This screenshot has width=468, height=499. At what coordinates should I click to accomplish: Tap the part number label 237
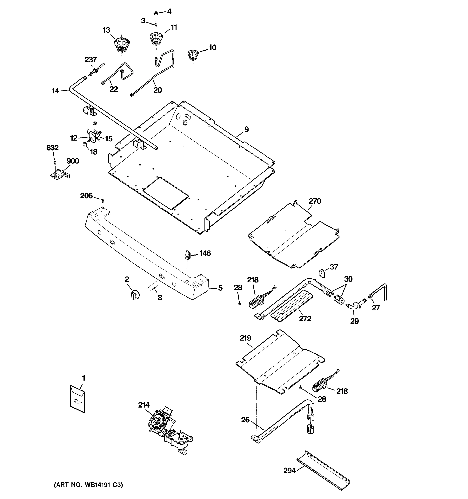point(90,60)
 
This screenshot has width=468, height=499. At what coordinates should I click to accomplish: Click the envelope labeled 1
point(77,399)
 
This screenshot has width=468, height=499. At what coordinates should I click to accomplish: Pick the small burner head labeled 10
point(193,55)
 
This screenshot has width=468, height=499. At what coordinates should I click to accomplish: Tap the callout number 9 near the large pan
point(246,130)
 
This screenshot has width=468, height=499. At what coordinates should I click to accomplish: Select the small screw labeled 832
point(55,163)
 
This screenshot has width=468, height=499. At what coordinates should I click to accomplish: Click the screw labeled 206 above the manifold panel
point(102,200)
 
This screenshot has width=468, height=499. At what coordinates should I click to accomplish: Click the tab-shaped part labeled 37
point(322,273)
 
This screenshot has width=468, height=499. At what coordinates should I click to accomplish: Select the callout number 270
point(314,201)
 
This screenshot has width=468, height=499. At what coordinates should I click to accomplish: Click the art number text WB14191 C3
point(88,485)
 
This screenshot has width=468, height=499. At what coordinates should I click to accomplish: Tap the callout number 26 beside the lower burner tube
point(245,420)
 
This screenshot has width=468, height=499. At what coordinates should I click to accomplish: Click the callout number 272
point(305,319)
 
